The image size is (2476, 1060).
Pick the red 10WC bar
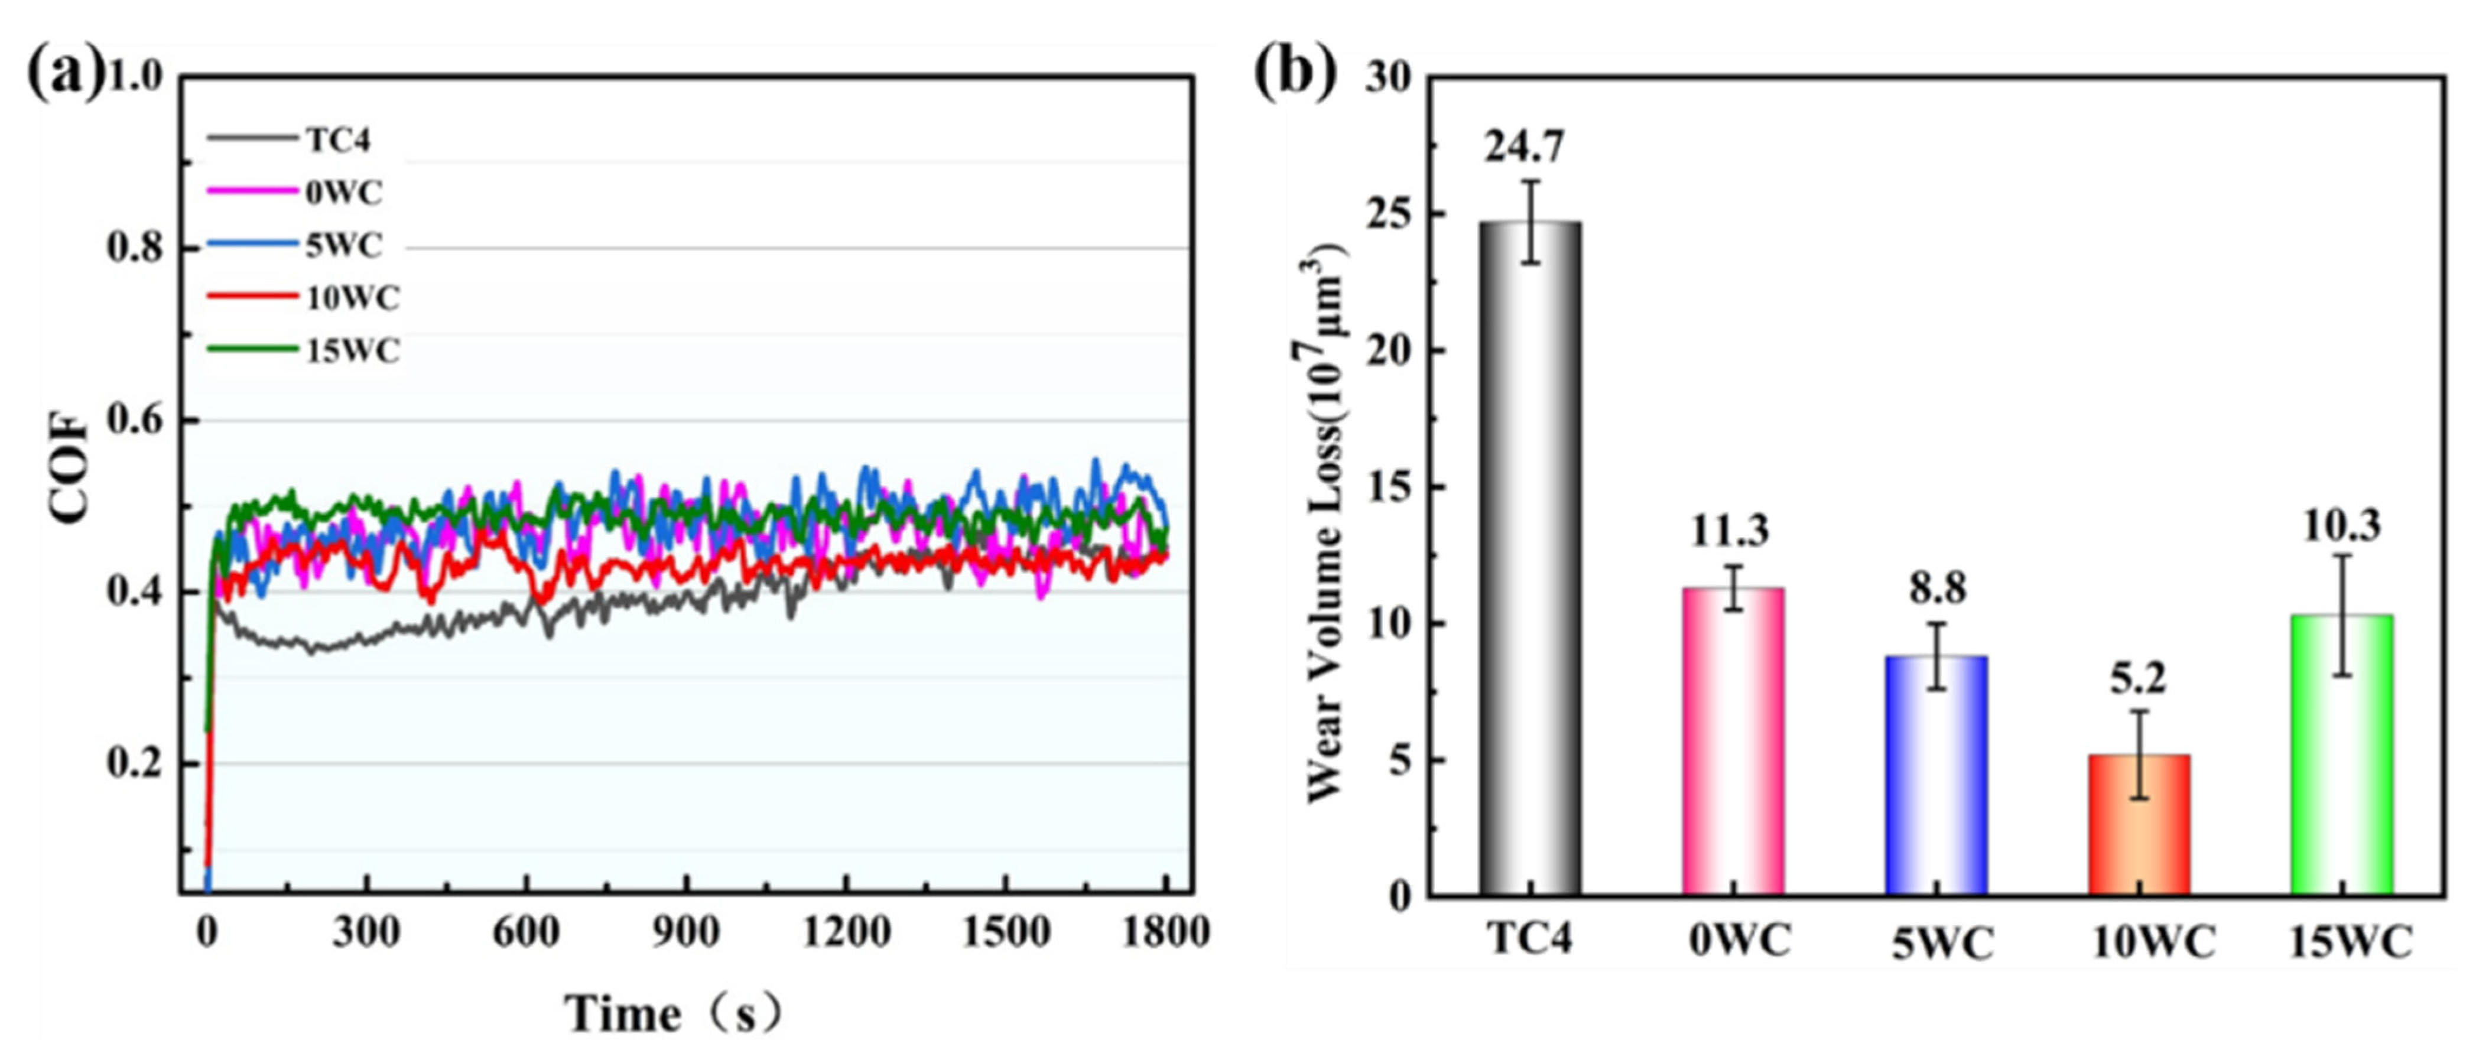point(2140,825)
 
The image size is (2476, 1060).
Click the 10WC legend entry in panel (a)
point(352,298)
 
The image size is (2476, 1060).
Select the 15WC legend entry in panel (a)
point(352,351)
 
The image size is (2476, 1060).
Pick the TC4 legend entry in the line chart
point(339,140)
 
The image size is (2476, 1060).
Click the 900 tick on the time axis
point(685,932)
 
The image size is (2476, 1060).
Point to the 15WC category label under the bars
point(2349,942)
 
